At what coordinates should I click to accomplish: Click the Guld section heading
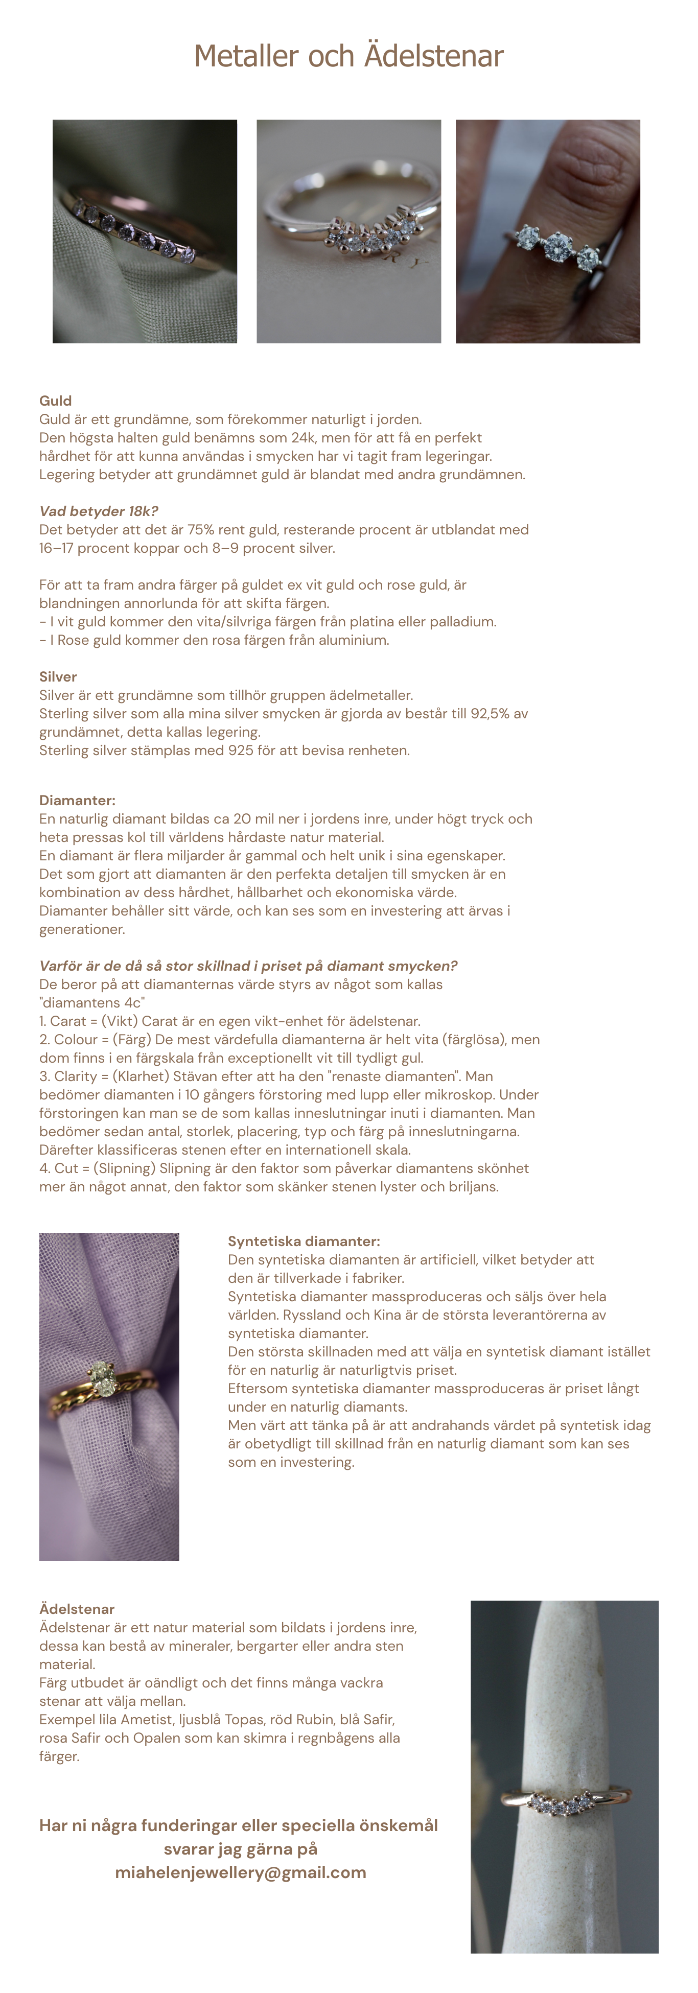(56, 401)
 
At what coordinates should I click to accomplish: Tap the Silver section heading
(58, 677)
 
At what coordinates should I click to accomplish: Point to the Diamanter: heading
(77, 800)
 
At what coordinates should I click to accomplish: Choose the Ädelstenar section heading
(77, 1609)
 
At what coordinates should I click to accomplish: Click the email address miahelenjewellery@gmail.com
(241, 1872)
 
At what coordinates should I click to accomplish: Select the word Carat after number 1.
(68, 1021)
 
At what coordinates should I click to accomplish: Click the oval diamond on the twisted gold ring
(101, 1375)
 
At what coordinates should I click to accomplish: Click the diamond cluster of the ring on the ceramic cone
(559, 1804)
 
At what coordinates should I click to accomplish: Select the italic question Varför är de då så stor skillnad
(248, 966)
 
